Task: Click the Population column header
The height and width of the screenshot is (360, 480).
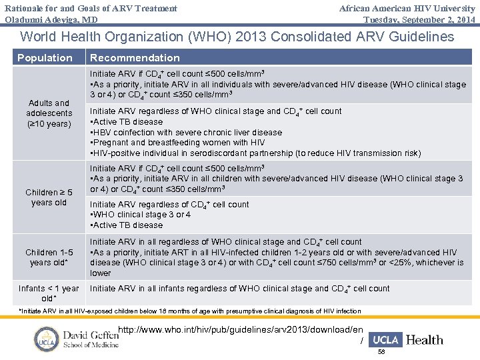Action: click(45, 58)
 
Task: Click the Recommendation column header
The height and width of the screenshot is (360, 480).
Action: click(135, 58)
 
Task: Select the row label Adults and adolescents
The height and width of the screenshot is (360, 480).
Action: click(49, 113)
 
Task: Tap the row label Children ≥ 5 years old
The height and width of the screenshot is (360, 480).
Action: click(49, 197)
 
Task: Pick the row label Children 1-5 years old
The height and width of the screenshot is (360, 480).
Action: click(49, 257)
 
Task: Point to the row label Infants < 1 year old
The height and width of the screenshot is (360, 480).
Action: click(49, 293)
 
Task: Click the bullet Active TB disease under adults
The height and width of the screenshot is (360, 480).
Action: click(127, 122)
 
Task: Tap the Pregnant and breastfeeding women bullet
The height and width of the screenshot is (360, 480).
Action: click(177, 143)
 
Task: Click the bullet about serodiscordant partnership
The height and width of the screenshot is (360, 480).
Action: click(255, 153)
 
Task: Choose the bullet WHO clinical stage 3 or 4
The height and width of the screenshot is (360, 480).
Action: click(140, 215)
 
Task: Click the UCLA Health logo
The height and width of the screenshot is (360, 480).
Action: click(405, 340)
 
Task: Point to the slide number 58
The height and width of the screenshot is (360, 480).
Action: click(381, 351)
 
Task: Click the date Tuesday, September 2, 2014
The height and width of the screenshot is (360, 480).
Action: click(419, 19)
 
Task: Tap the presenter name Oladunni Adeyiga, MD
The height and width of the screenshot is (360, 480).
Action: click(51, 19)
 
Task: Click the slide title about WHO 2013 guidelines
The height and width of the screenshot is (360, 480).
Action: click(238, 37)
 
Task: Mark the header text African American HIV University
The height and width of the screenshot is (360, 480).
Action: click(407, 9)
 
